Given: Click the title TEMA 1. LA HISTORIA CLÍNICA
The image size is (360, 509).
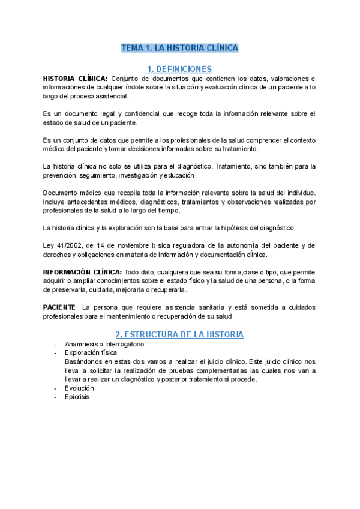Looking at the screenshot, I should (x=180, y=48).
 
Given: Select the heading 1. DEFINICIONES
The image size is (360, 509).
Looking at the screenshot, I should (x=179, y=68).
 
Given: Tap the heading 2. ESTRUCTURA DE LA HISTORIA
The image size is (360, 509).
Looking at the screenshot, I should (x=179, y=334).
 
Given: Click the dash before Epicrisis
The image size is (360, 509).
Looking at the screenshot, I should (x=55, y=397).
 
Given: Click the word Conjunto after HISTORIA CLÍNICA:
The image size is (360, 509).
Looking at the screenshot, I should (x=127, y=79).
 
